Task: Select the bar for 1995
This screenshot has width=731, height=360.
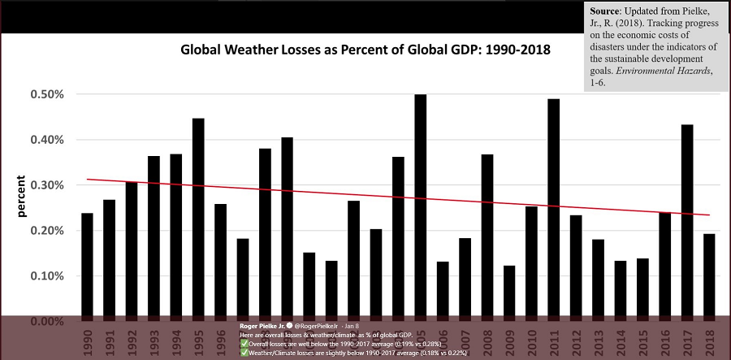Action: pyautogui.click(x=198, y=219)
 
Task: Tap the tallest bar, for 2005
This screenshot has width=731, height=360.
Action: pyautogui.click(x=420, y=207)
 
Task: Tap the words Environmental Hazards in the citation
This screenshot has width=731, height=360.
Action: pyautogui.click(x=661, y=71)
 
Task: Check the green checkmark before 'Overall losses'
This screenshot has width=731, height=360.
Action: pyautogui.click(x=244, y=342)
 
